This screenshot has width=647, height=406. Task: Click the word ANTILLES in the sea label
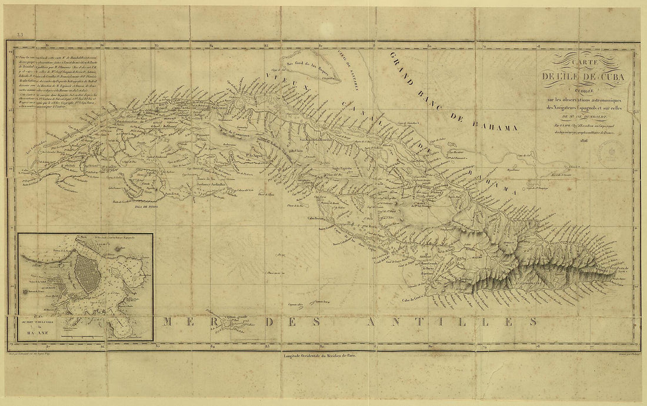pos(450,322)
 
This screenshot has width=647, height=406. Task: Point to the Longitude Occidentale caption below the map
pos(316,355)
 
